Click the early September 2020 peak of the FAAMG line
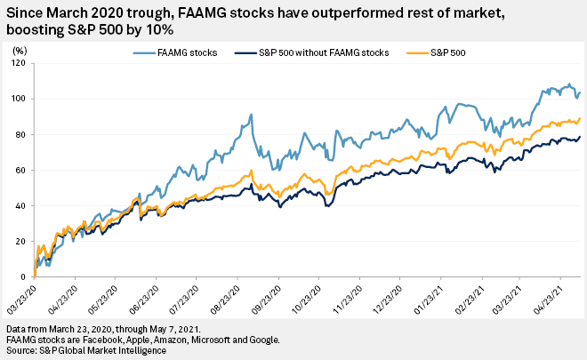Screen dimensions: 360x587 [252, 115]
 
